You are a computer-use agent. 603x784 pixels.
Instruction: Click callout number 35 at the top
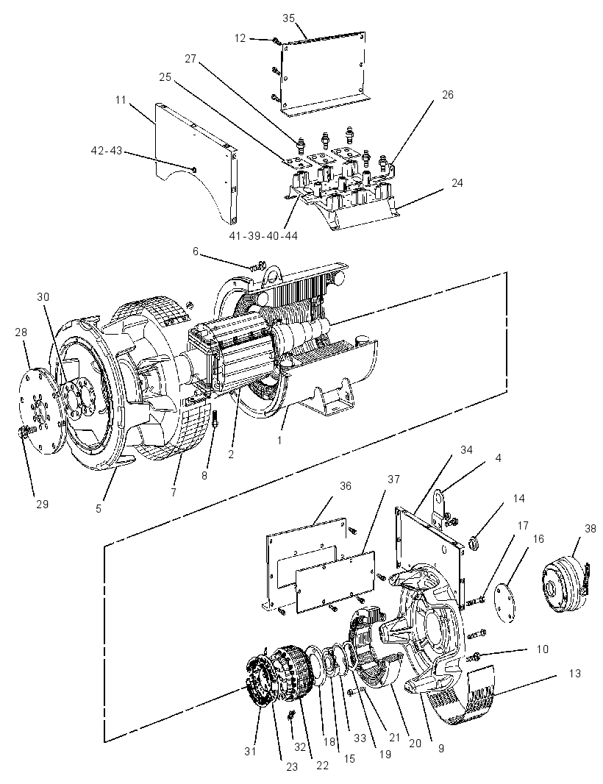pyautogui.click(x=288, y=18)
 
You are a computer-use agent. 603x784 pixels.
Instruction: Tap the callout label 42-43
pyautogui.click(x=107, y=151)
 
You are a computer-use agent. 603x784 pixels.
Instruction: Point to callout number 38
pyautogui.click(x=590, y=528)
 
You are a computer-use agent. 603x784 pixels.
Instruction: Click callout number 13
pyautogui.click(x=575, y=674)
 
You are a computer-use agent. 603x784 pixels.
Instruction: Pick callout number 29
pyautogui.click(x=42, y=504)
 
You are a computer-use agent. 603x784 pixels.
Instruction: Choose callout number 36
pyautogui.click(x=346, y=486)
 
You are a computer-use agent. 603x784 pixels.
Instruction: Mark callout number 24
pyautogui.click(x=457, y=183)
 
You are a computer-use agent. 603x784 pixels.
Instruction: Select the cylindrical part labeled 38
pyautogui.click(x=565, y=581)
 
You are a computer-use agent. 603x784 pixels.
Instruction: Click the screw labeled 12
pyautogui.click(x=276, y=40)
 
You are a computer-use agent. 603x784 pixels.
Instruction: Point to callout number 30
pyautogui.click(x=43, y=296)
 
